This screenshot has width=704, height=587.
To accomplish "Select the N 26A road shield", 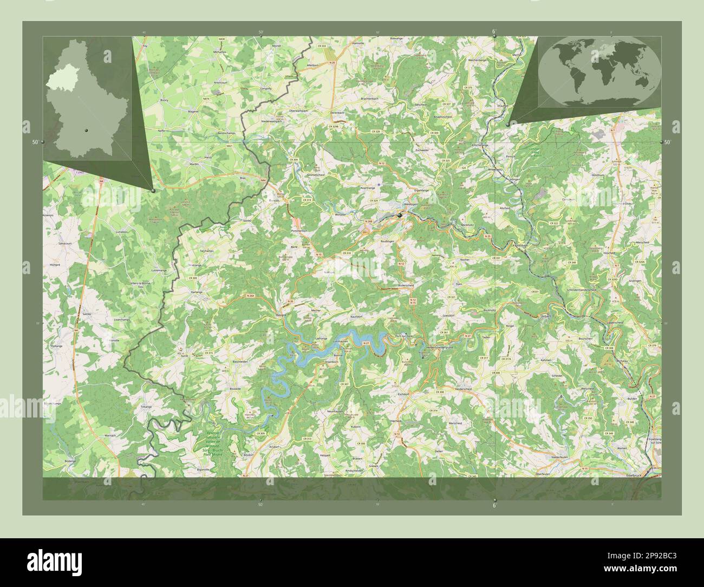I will tap(250, 296).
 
